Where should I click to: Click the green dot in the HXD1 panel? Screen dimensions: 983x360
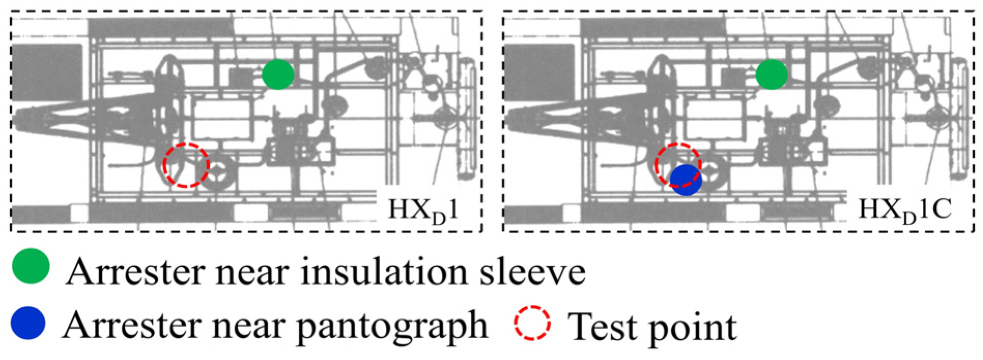point(278,75)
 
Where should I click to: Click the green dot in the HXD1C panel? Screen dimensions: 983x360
point(772,75)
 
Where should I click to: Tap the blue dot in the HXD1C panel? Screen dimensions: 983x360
point(686,180)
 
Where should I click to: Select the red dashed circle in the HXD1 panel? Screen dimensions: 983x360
point(186,165)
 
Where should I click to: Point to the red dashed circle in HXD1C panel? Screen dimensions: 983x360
point(678,165)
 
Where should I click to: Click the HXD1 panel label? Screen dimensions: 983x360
point(423,210)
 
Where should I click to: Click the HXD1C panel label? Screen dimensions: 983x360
point(904,210)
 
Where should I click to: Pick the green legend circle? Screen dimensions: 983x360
point(31,266)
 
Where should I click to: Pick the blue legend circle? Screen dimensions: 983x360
point(28,323)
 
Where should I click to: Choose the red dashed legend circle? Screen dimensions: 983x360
point(532,323)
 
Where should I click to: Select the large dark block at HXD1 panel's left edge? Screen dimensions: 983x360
point(46,72)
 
